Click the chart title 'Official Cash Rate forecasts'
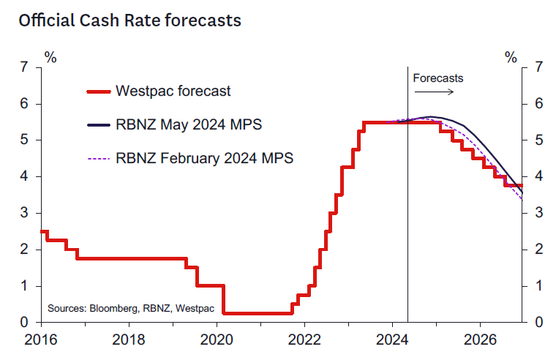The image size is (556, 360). pyautogui.click(x=129, y=20)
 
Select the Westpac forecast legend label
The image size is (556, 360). pyautogui.click(x=173, y=91)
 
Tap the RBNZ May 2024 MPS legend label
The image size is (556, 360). pyautogui.click(x=189, y=125)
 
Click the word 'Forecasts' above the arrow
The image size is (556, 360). pyautogui.click(x=438, y=78)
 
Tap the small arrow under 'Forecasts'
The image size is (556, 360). pyautogui.click(x=434, y=91)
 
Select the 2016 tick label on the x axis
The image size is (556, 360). pyautogui.click(x=41, y=340)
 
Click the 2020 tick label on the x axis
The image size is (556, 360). pyautogui.click(x=217, y=340)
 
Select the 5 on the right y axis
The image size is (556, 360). pyautogui.click(x=539, y=140)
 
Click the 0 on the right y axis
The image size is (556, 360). pyautogui.click(x=539, y=322)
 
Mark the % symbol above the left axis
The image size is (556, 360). pyautogui.click(x=50, y=56)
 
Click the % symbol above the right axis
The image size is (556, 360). pyautogui.click(x=511, y=56)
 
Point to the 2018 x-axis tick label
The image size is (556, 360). pyautogui.click(x=129, y=340)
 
